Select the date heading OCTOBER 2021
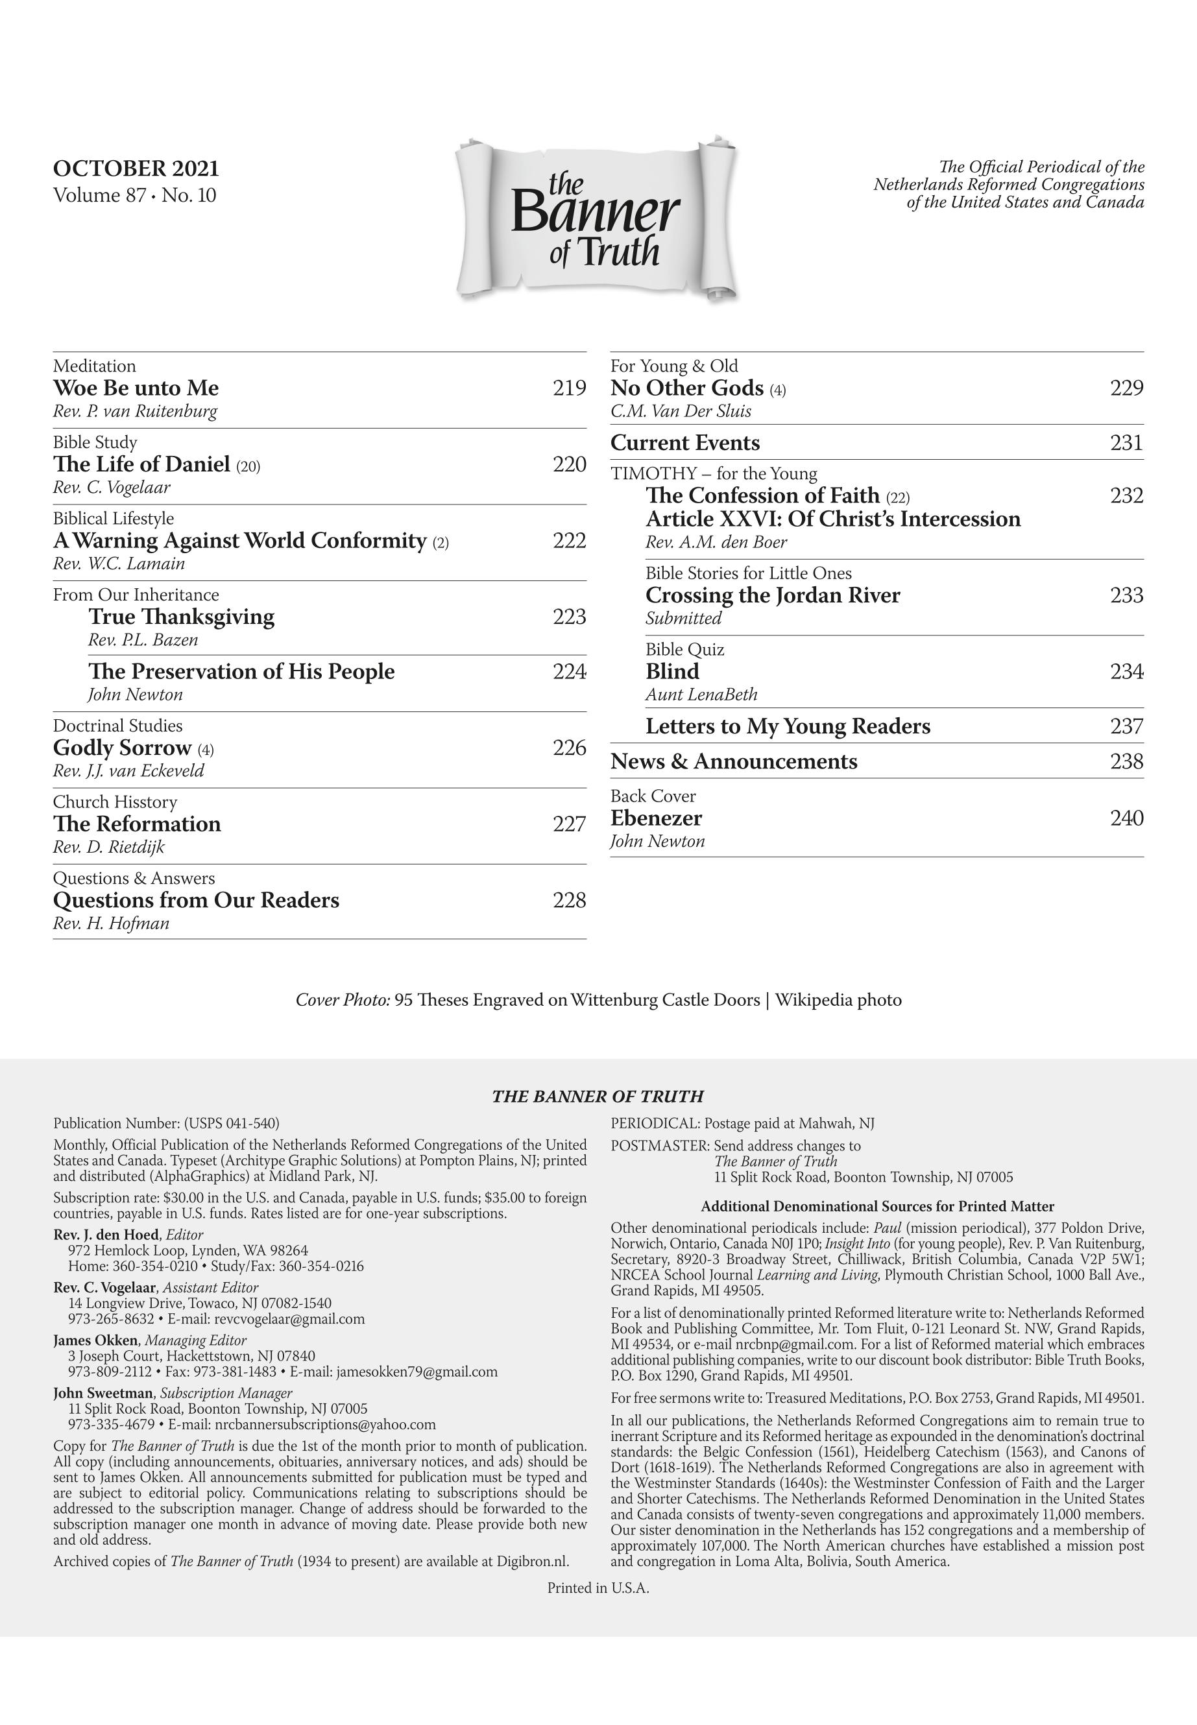tap(136, 168)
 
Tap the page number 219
tap(568, 388)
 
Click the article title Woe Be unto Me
tap(136, 388)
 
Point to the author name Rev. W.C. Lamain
tap(119, 564)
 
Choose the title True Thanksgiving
tap(182, 617)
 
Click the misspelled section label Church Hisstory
tap(115, 802)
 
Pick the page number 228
tap(568, 900)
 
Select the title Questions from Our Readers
tap(196, 900)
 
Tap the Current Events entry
tap(684, 443)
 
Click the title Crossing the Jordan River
tap(773, 595)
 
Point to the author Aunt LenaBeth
tap(701, 695)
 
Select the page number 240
tap(1126, 818)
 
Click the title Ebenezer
tap(657, 818)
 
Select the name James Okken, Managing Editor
tap(149, 1340)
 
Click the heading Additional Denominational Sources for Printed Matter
tap(877, 1206)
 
